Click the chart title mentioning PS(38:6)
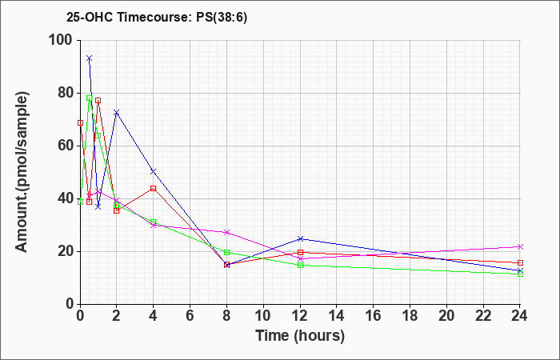click(x=157, y=18)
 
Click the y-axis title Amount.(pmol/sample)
click(x=22, y=172)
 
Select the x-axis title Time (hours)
click(x=300, y=336)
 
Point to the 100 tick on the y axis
click(x=64, y=40)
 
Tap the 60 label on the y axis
click(x=66, y=146)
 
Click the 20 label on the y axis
click(x=66, y=251)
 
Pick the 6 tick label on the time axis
click(x=190, y=315)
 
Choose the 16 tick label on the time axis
click(x=374, y=315)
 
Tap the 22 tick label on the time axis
click(x=483, y=315)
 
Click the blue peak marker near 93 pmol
click(x=90, y=58)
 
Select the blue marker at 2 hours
click(x=117, y=113)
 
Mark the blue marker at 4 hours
click(x=154, y=171)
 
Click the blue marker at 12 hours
click(x=300, y=238)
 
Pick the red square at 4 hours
click(x=154, y=188)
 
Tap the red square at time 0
click(x=80, y=123)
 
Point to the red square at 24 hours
click(x=520, y=263)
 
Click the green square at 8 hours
click(x=226, y=253)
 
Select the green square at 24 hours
click(x=520, y=274)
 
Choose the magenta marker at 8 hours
click(x=226, y=232)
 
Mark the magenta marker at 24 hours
click(x=520, y=246)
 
